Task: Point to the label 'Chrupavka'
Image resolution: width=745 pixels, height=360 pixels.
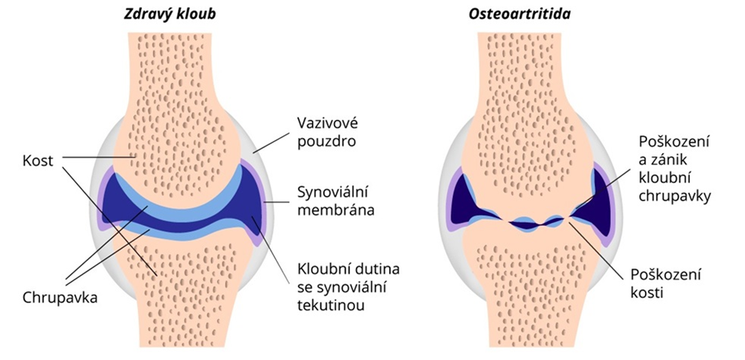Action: click(x=60, y=298)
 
